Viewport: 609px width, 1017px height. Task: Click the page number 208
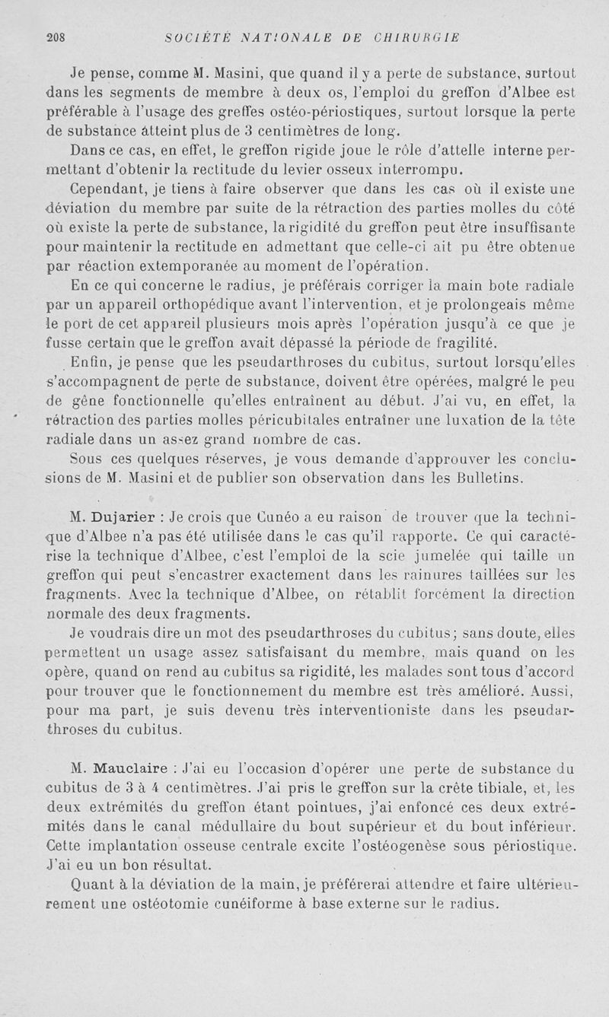[x=57, y=36]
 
